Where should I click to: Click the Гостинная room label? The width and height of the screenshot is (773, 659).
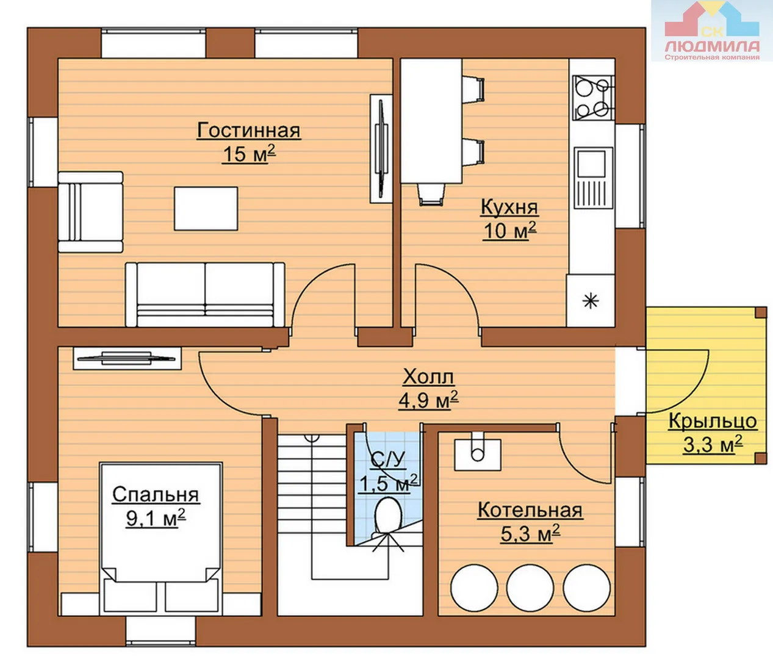click(249, 131)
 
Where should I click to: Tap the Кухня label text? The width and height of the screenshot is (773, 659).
click(509, 207)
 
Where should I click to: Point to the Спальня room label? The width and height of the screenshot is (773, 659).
click(156, 495)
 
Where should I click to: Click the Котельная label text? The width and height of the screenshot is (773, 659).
click(530, 511)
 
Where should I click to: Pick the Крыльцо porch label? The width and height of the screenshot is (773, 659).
click(713, 421)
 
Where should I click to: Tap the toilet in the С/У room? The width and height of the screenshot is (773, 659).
click(388, 517)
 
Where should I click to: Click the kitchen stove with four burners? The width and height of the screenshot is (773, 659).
click(593, 98)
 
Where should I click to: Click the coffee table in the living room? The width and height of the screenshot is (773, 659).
click(206, 208)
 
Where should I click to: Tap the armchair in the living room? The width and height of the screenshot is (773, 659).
click(90, 212)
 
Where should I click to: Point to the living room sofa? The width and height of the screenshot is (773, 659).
click(205, 295)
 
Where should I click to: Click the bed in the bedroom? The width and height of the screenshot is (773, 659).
click(161, 539)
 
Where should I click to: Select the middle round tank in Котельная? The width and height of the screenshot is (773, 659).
click(530, 588)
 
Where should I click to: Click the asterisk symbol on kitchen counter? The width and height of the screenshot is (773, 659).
click(591, 301)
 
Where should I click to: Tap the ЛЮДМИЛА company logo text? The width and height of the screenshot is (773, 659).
click(712, 46)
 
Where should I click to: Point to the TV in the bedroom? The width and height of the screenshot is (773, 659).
click(127, 358)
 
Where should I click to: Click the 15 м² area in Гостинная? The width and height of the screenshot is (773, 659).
click(249, 154)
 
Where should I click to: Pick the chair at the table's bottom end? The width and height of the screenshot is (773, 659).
click(431, 195)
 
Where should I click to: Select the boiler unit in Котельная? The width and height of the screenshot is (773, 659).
click(478, 451)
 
